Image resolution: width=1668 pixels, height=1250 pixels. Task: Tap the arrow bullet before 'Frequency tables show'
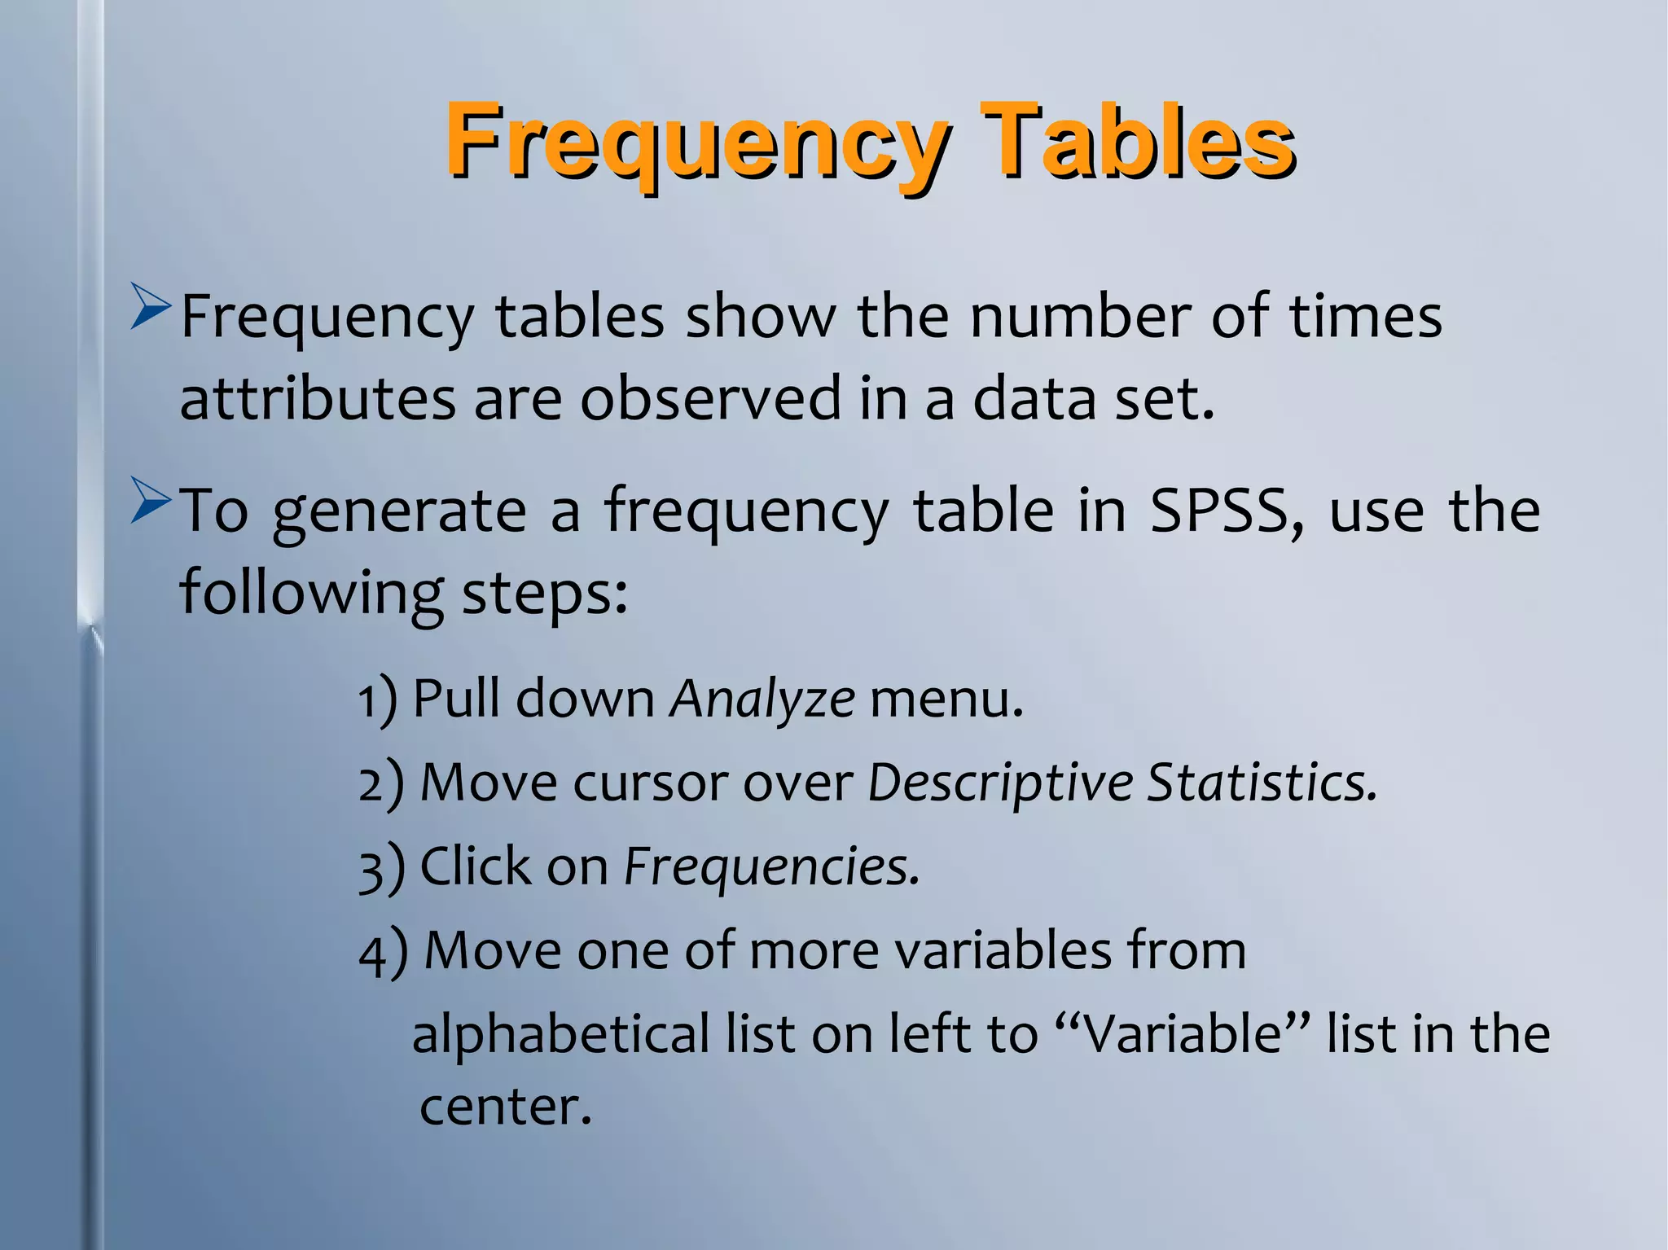151,308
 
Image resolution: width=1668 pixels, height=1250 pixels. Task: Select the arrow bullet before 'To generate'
151,502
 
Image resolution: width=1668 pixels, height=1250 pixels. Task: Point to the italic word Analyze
762,699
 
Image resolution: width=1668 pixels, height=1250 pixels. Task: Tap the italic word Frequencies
771,866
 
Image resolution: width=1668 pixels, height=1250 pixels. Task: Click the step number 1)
378,700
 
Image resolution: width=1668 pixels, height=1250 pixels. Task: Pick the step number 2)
381,784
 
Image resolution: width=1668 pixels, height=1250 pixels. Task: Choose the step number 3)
381,868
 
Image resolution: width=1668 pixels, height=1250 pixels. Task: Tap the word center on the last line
504,1107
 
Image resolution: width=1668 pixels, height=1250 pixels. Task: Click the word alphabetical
562,1033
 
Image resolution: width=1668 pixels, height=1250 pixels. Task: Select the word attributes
318,399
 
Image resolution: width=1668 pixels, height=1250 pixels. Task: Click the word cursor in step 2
650,783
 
